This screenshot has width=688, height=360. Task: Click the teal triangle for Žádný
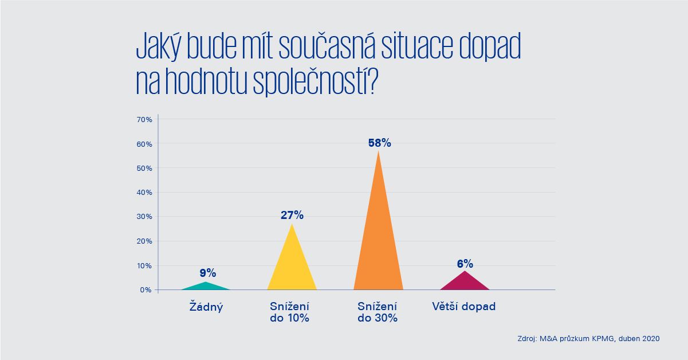[x=205, y=287]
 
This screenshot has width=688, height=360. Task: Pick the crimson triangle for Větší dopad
[x=465, y=283]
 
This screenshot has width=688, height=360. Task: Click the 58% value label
[x=379, y=143]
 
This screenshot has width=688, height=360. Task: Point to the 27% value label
[x=292, y=216]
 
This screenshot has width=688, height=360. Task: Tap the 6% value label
[x=465, y=264]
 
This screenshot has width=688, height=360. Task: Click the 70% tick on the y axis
[x=144, y=120]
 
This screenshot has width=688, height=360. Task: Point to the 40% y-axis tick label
[x=144, y=193]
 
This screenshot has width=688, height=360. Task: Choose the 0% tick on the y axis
[x=146, y=290]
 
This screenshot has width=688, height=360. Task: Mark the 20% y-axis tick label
[x=144, y=241]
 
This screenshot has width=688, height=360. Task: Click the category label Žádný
[x=206, y=307]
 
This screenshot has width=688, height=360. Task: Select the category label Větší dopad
[x=463, y=307]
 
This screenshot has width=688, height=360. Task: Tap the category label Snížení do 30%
[x=378, y=312]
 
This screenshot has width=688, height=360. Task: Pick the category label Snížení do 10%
[x=289, y=312]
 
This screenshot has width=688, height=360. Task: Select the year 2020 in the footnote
[x=650, y=339]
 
